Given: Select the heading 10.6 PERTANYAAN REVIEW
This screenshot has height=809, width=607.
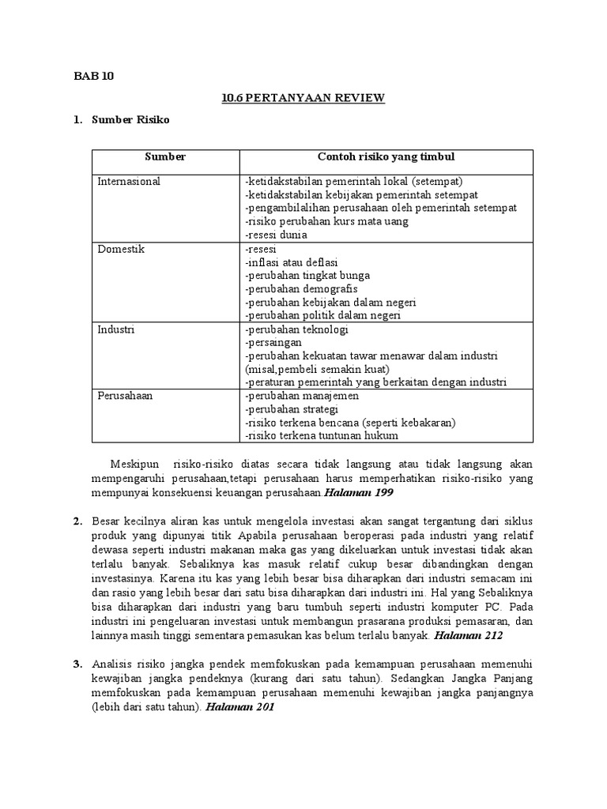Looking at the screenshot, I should (x=303, y=98).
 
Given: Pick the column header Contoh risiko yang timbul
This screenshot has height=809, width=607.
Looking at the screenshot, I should (x=386, y=157).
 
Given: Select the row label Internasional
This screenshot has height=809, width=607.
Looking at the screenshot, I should (x=128, y=181).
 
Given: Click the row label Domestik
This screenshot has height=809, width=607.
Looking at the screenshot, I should (x=121, y=249).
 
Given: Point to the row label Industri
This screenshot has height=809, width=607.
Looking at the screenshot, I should (x=117, y=329).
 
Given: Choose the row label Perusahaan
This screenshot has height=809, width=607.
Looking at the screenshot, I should (x=125, y=396).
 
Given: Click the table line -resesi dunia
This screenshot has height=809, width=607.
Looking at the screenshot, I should (x=276, y=235).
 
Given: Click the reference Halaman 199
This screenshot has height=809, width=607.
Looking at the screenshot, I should (x=359, y=493).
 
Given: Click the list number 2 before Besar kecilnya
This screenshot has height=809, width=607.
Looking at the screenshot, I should (x=77, y=521).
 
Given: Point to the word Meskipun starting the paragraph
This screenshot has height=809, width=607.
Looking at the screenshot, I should (x=135, y=465).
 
